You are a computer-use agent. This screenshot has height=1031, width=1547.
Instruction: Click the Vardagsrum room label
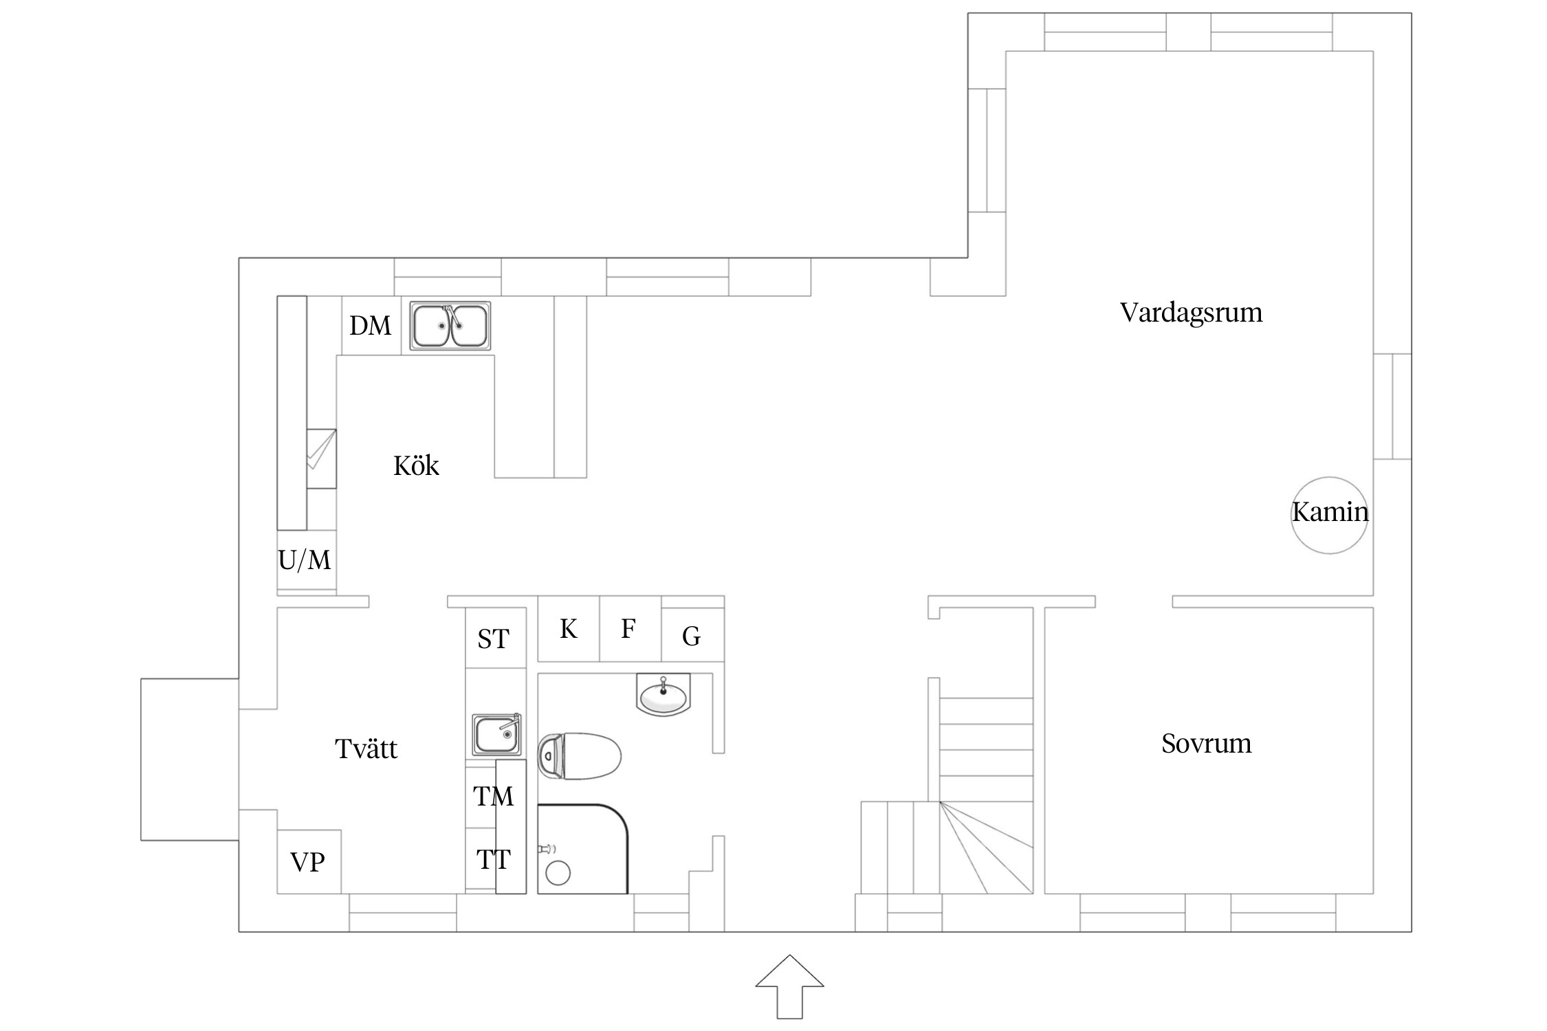pos(1191,313)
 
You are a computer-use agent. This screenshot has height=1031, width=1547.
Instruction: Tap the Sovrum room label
pos(1206,744)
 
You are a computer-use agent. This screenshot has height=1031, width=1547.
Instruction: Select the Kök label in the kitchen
pos(416,466)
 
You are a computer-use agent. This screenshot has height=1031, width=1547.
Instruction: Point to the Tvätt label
pos(366,749)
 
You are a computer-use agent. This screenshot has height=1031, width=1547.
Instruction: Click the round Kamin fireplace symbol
pos(1328,515)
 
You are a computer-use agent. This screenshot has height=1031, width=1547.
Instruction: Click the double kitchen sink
pos(450,326)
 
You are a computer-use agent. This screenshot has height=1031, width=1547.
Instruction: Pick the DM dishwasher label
pos(370,326)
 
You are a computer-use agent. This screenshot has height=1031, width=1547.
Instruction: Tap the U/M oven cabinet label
pos(305,560)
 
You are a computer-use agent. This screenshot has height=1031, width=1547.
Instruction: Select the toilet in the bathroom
pos(579,756)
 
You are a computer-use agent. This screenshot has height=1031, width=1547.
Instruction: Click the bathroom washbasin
pos(663,696)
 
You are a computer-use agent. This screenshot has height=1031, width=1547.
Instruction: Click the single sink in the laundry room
pos(496,735)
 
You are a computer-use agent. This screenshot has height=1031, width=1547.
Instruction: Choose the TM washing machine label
pos(493,797)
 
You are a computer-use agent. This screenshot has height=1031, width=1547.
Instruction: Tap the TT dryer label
pos(493,859)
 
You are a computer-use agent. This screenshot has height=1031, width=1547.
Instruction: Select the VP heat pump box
pos(308,862)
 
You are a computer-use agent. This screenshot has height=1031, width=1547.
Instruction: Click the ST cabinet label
pos(493,639)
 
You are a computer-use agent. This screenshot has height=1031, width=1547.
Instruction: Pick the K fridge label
pos(568,629)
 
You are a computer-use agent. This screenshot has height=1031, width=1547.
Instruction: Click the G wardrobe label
pos(691,636)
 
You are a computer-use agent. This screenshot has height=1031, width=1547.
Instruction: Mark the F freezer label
pos(628,629)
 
